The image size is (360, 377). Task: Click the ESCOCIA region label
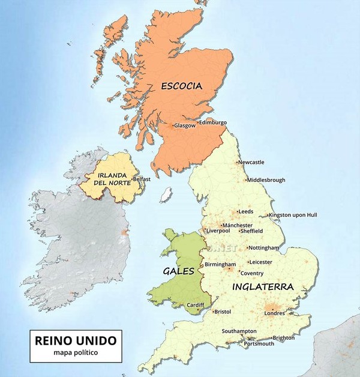(x=181, y=86)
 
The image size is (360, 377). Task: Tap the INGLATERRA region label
(x=263, y=287)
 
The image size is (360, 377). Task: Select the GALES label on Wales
(x=179, y=271)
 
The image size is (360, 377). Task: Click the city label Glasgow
(x=185, y=125)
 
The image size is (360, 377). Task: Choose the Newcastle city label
(x=251, y=162)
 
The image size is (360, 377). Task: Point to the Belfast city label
(x=142, y=179)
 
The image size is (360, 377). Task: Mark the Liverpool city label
(x=218, y=231)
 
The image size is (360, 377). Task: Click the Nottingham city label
(x=263, y=247)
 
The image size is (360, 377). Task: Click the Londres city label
(x=274, y=313)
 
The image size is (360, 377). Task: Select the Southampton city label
(x=239, y=331)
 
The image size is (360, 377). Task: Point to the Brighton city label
(x=284, y=338)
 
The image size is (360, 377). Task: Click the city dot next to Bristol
(x=214, y=311)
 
